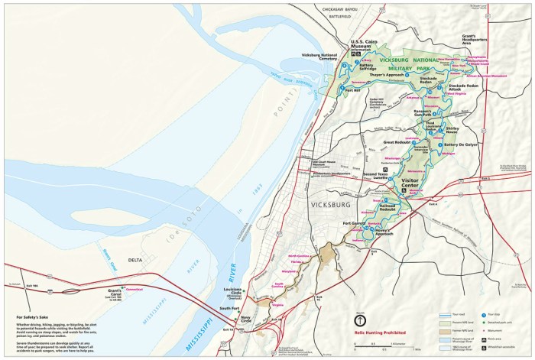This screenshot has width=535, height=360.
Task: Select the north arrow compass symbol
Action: (x=359, y=319)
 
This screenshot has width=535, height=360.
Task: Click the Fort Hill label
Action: (x=352, y=91)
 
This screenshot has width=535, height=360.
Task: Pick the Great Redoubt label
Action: (x=397, y=142)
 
